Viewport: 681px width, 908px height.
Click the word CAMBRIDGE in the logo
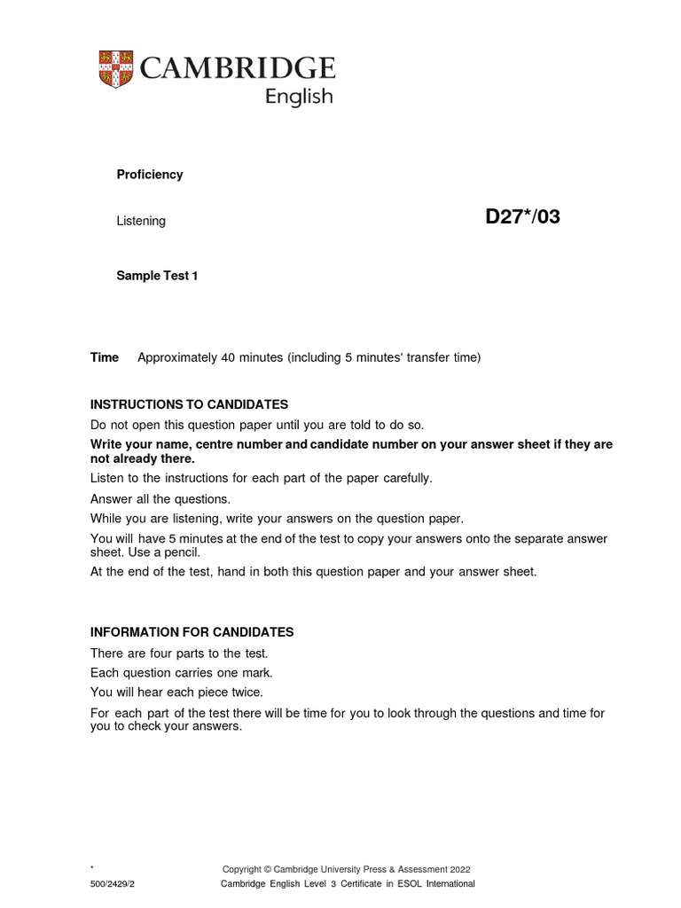click(x=235, y=68)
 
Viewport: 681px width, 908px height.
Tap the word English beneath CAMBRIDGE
click(x=300, y=97)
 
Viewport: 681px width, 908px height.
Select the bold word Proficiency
click(x=150, y=175)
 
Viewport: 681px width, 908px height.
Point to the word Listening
click(x=141, y=221)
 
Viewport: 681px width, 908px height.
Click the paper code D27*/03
click(x=522, y=216)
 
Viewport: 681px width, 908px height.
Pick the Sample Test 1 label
click(x=157, y=276)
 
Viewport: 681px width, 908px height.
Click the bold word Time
click(x=105, y=357)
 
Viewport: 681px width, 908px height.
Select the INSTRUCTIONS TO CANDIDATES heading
click(x=190, y=404)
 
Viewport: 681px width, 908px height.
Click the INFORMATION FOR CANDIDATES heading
click(x=192, y=632)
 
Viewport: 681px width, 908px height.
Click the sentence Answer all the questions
click(x=160, y=498)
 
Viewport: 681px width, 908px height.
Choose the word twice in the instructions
click(x=247, y=692)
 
